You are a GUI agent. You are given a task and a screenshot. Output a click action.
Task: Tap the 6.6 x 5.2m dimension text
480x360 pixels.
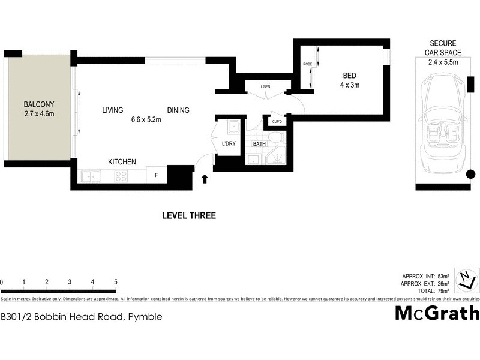(146, 119)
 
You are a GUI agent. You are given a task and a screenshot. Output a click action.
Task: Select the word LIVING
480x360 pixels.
(112, 110)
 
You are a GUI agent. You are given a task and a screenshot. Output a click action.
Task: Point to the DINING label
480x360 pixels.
(178, 110)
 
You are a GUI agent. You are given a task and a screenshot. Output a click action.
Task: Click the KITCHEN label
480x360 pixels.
(122, 162)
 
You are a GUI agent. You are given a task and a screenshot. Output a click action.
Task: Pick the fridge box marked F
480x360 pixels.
(157, 176)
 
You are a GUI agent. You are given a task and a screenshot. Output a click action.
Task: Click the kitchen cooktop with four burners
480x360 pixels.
(121, 176)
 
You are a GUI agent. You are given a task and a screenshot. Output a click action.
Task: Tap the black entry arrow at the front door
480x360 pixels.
(205, 178)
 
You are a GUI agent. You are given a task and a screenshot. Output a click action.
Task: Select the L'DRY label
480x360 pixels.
(229, 144)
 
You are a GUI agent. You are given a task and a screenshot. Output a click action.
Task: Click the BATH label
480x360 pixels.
(259, 144)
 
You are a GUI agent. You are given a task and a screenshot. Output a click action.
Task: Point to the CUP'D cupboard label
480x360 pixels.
(277, 122)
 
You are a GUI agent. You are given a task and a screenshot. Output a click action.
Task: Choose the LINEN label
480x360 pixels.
(265, 87)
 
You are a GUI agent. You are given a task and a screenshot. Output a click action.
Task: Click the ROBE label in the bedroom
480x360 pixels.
(307, 64)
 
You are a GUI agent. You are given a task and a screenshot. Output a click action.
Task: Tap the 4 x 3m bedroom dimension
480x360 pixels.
(349, 85)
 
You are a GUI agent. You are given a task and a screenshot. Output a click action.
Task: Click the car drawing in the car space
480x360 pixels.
(444, 127)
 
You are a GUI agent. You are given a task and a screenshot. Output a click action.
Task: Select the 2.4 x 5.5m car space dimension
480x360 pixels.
(443, 62)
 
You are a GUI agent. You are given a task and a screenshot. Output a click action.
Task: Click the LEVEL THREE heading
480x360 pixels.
(189, 215)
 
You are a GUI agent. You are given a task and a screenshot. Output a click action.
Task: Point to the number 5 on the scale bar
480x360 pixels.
(115, 282)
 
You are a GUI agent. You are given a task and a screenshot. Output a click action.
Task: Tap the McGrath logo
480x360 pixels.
(437, 313)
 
